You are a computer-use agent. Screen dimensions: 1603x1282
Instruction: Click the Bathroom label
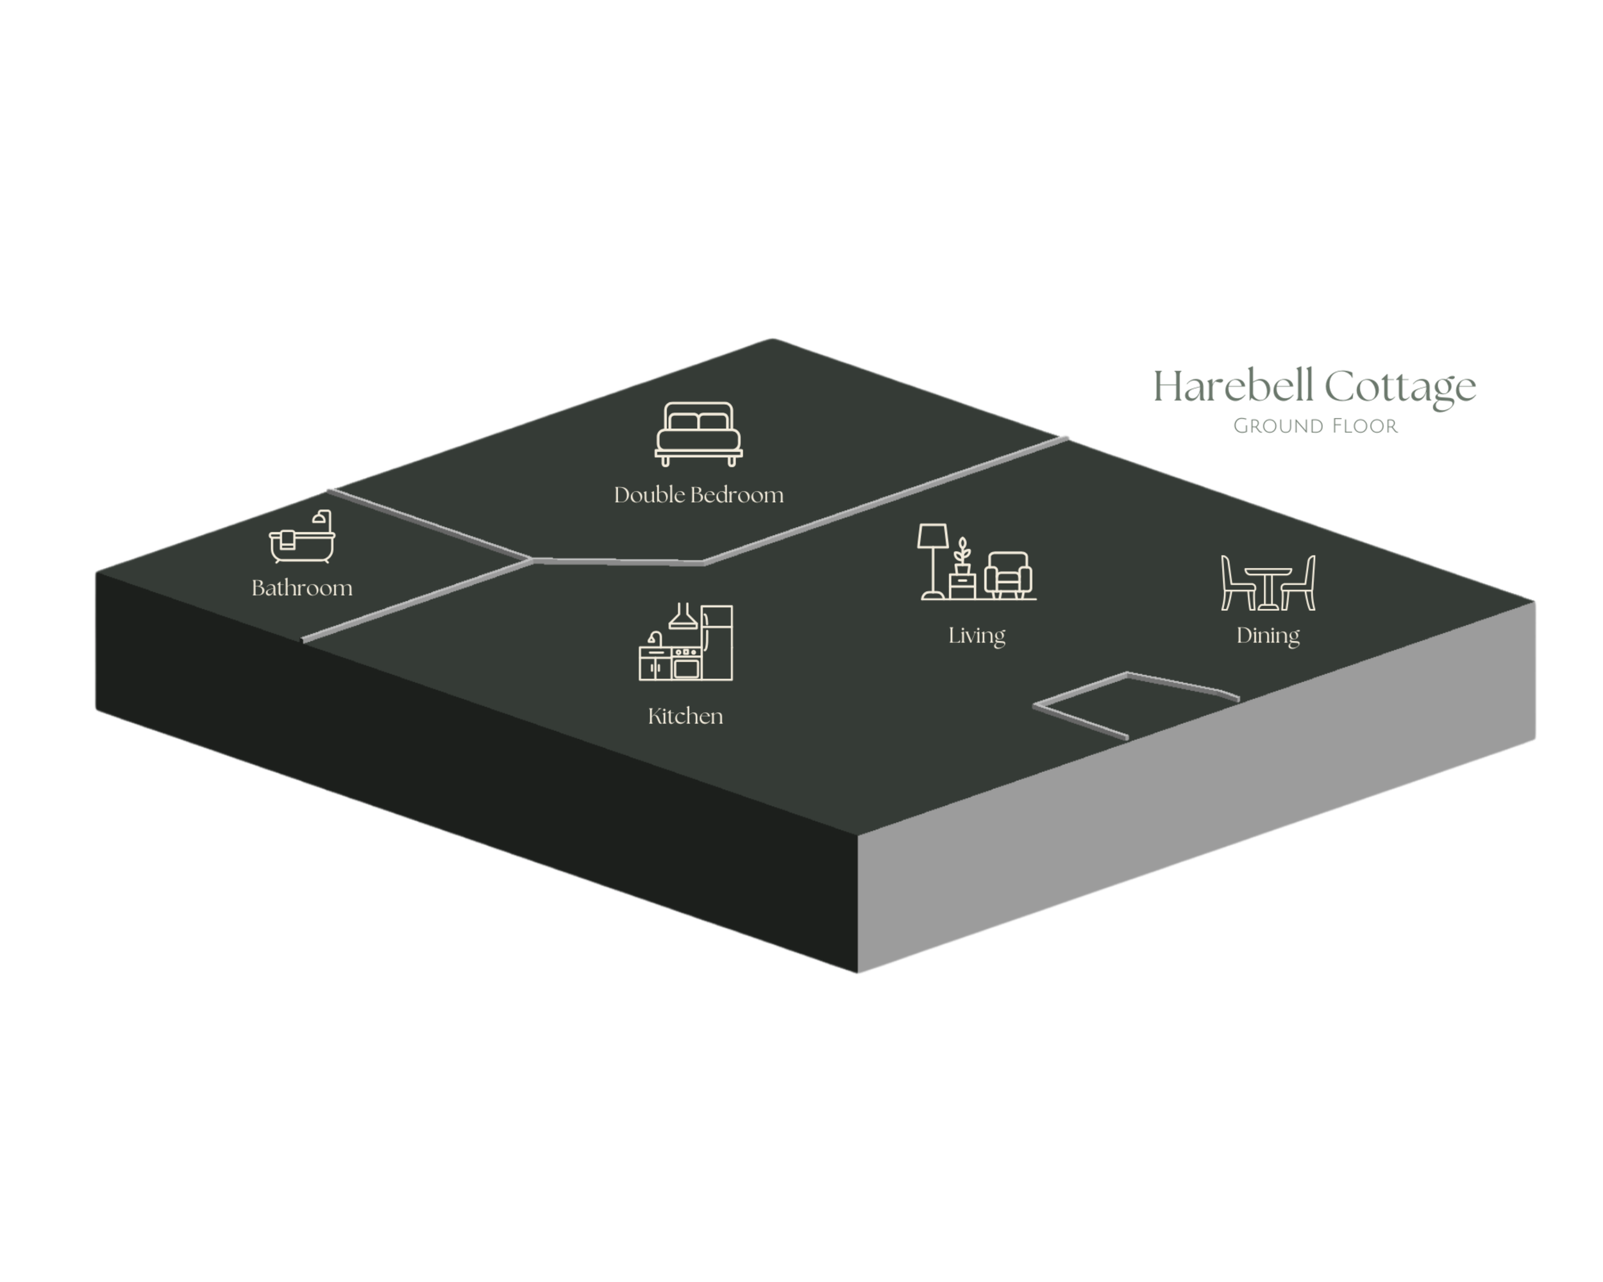(x=302, y=588)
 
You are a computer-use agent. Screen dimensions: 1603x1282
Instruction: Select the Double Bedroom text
(x=698, y=495)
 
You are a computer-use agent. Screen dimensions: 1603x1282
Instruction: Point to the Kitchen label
(x=685, y=717)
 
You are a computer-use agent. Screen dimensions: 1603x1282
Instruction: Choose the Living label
(x=976, y=635)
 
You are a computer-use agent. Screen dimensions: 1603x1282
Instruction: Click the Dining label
(x=1268, y=635)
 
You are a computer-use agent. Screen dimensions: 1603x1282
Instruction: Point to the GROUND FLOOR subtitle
(x=1314, y=426)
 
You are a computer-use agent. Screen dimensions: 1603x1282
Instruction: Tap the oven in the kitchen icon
(x=686, y=665)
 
